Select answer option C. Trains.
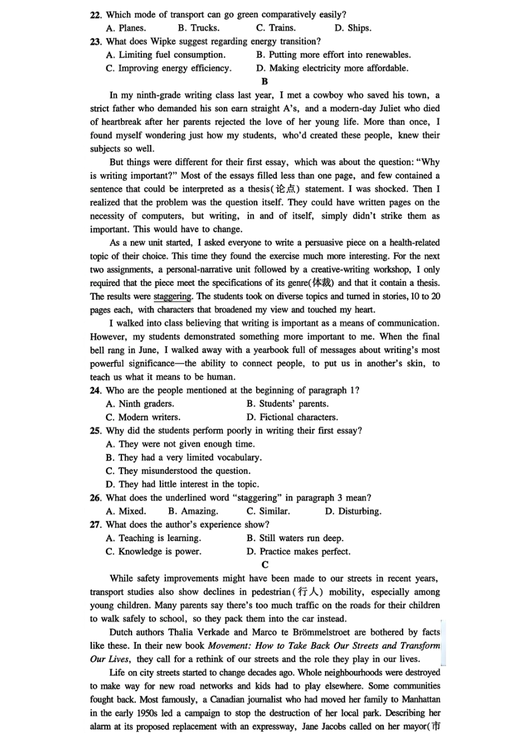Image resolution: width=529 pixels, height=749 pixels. tap(276, 28)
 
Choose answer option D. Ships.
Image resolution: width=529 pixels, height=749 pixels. tap(352, 28)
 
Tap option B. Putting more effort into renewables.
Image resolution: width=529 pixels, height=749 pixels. tap(333, 55)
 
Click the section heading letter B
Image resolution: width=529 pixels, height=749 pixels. tap(264, 81)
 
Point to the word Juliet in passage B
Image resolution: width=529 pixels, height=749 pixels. tap(388, 109)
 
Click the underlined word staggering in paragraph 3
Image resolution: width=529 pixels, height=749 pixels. tap(173, 296)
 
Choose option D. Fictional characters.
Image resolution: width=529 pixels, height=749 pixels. tap(292, 417)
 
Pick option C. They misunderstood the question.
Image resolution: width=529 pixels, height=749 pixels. tap(178, 471)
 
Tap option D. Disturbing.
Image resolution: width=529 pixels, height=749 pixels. tap(353, 511)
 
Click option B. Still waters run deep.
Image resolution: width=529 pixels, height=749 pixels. tap(295, 538)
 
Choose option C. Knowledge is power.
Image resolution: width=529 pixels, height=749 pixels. tap(153, 551)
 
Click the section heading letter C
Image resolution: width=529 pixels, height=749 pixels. tap(265, 565)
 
